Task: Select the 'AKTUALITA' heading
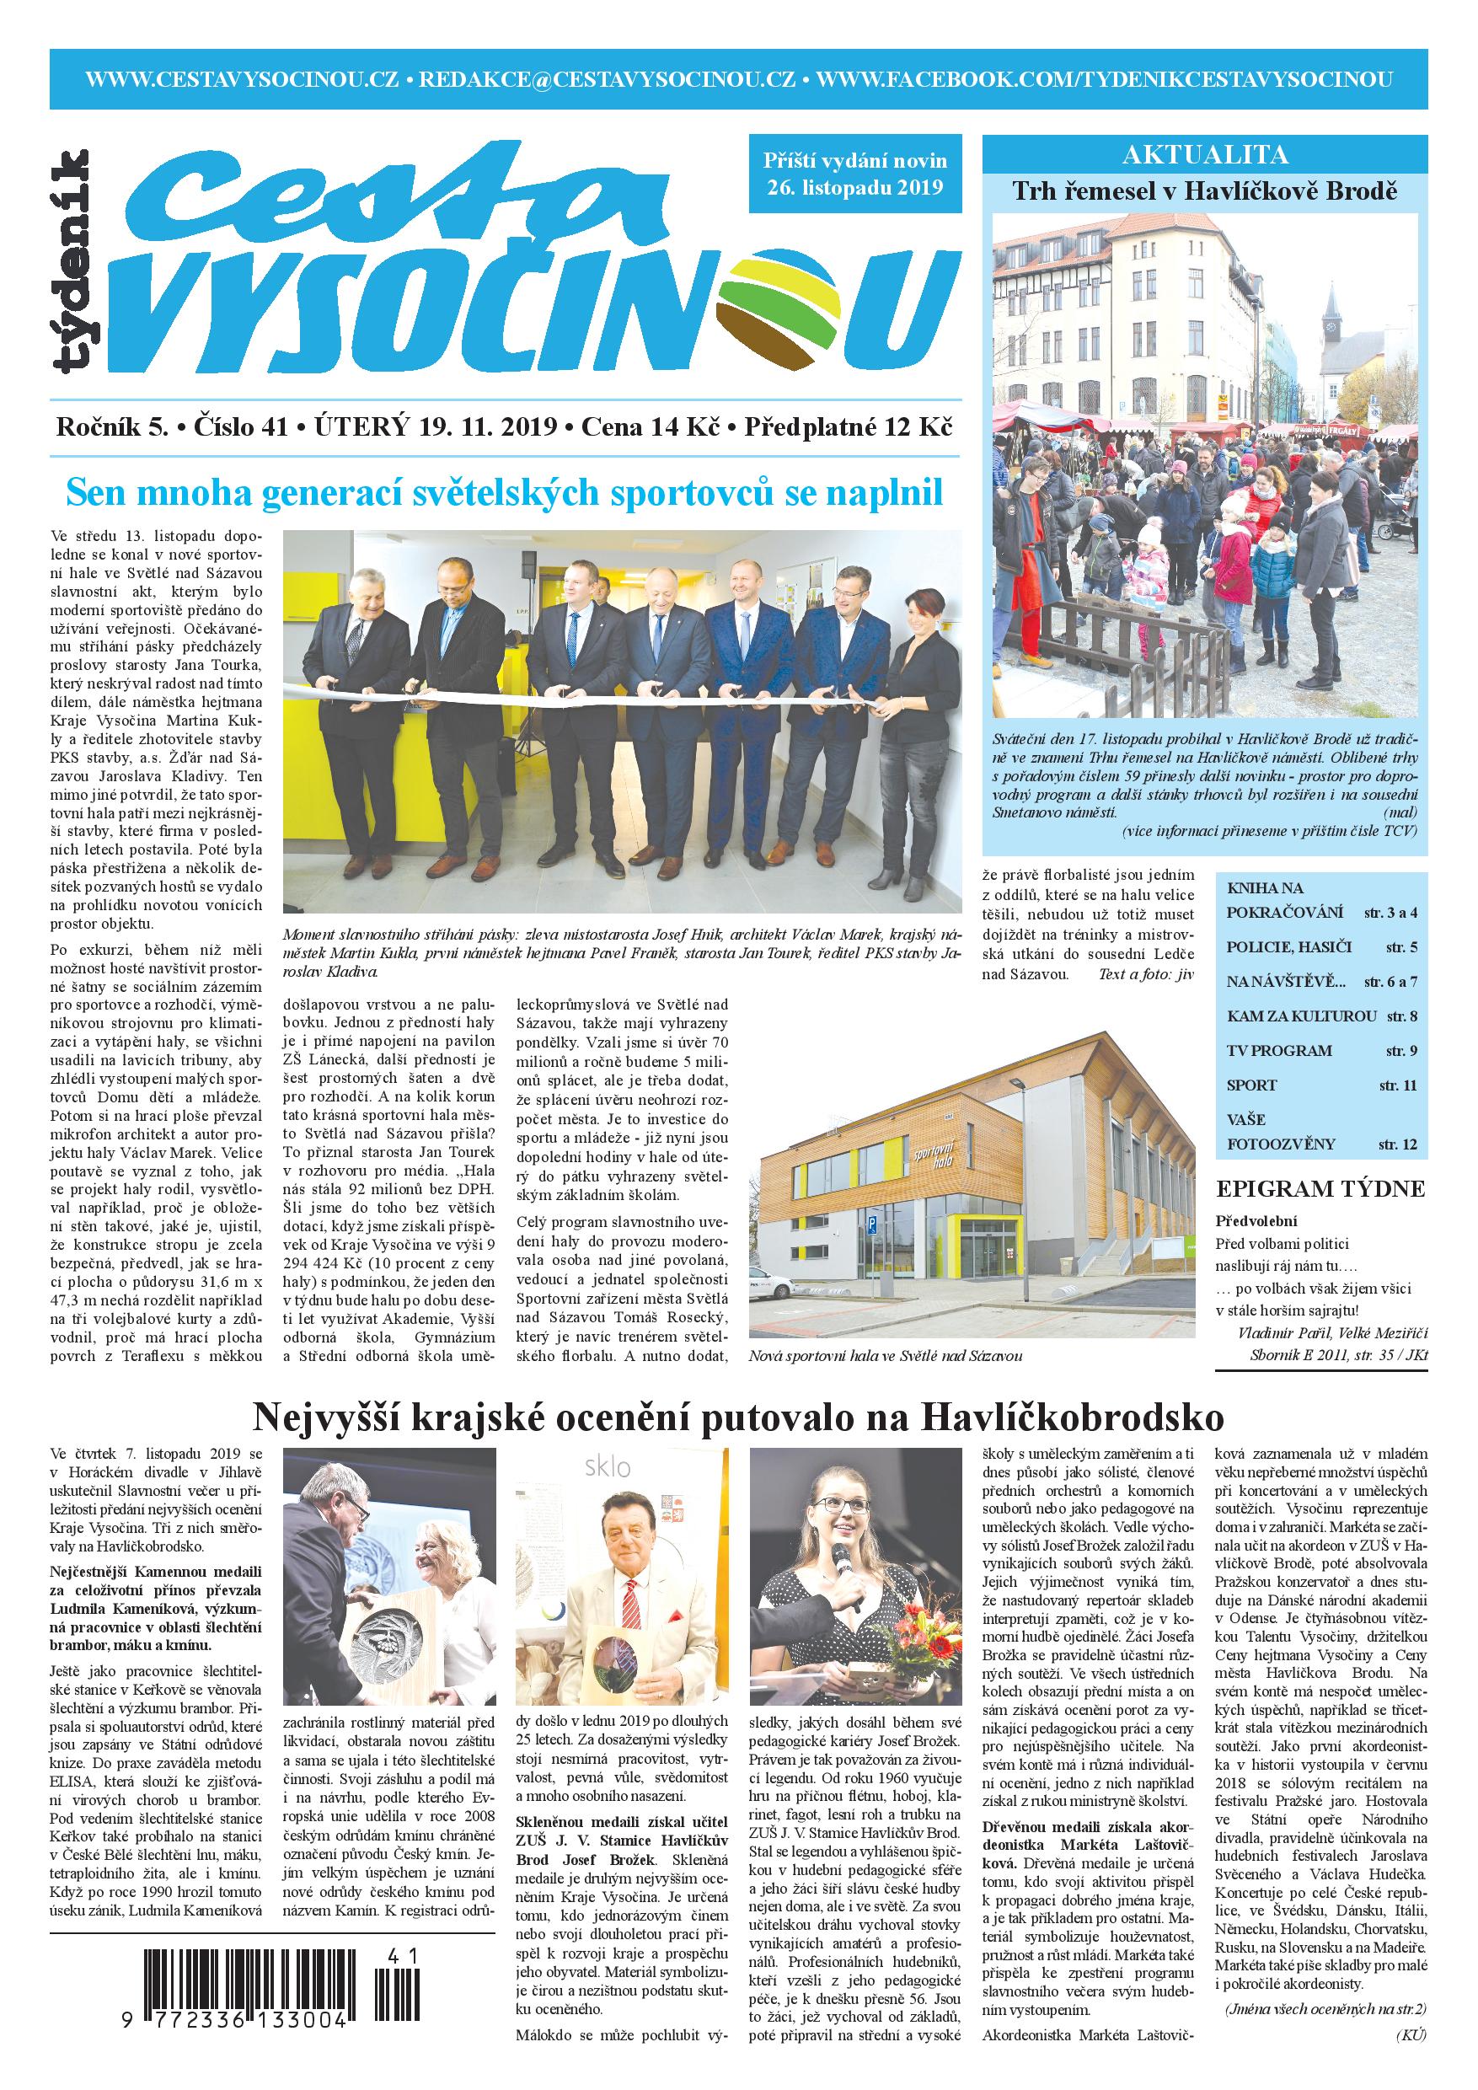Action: click(x=1205, y=155)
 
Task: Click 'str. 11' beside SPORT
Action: click(x=1397, y=1085)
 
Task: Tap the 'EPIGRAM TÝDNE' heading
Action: click(x=1320, y=1189)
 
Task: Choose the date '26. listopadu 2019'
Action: click(x=854, y=189)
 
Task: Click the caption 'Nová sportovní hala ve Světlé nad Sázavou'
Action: click(x=885, y=1355)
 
